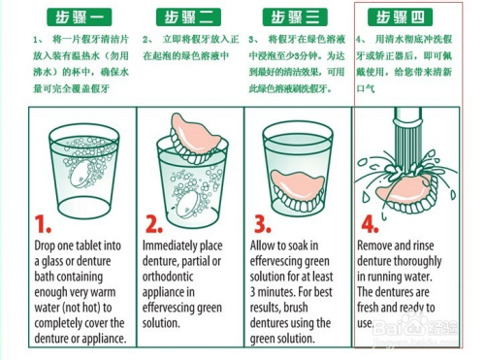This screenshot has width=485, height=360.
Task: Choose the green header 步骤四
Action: [407, 17]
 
